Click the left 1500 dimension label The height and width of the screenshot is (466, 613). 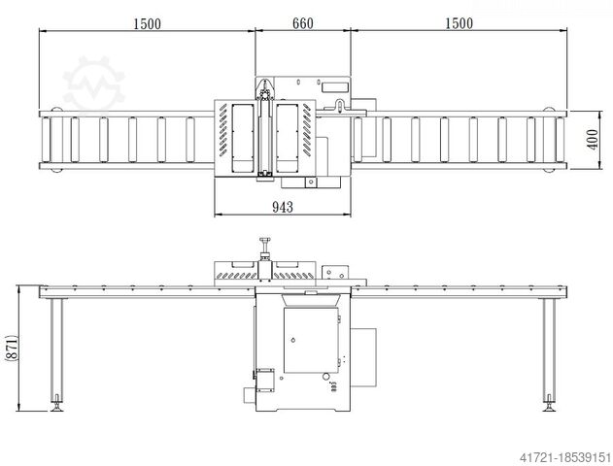tap(147, 24)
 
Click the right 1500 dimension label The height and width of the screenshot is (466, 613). tap(459, 23)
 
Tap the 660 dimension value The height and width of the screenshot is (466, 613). tap(303, 23)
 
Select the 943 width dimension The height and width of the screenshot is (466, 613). tap(283, 207)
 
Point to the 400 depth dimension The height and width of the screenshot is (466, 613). tap(593, 140)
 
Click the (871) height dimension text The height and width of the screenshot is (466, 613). tap(12, 348)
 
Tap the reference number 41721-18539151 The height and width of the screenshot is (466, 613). tap(565, 456)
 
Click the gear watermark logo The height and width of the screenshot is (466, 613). tap(93, 84)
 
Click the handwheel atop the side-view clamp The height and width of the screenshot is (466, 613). tap(264, 240)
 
